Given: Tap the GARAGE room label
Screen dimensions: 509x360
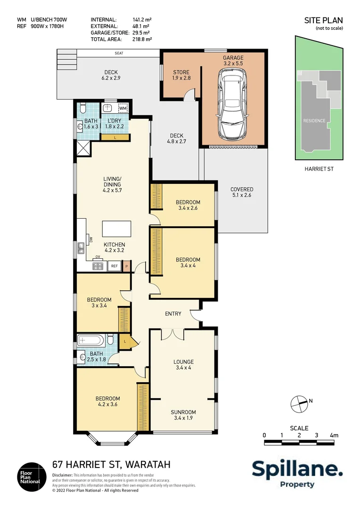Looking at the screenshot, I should coord(233,60).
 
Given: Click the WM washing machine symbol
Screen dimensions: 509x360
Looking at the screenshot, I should coord(123,108).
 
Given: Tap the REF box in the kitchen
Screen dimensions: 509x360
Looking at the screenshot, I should coord(114,266).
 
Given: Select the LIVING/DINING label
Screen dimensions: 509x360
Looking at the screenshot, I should coord(112,181).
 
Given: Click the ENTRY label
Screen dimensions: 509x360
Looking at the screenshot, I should coord(173,314).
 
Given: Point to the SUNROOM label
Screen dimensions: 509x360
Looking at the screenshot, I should coord(183,415).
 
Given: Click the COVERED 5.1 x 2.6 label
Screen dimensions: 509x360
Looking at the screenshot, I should coord(242,192).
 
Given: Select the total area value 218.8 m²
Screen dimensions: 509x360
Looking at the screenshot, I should coord(142,40).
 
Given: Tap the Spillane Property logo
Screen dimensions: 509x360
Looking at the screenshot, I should coord(297,473).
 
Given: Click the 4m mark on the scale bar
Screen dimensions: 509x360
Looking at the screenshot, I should coord(334,435).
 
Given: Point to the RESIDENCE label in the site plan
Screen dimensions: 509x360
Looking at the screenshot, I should coord(314,121).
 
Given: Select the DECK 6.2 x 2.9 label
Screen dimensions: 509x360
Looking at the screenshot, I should coord(111,75).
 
